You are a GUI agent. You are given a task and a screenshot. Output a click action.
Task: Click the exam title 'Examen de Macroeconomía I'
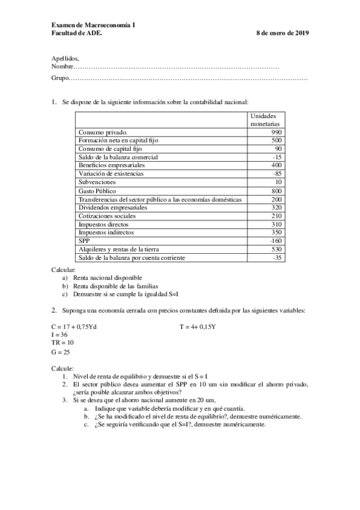(x=93, y=25)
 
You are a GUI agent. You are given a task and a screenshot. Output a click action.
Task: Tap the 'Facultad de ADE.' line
(x=77, y=33)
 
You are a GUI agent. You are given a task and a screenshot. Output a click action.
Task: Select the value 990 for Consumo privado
(x=276, y=132)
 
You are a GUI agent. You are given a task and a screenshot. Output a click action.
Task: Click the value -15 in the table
(x=276, y=157)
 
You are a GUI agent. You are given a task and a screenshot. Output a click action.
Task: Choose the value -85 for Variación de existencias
(x=276, y=173)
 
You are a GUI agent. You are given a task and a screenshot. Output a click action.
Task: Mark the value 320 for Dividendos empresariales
(x=276, y=207)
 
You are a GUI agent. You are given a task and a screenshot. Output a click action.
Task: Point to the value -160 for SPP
(x=275, y=241)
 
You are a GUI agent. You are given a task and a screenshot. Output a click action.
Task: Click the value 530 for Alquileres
(x=276, y=249)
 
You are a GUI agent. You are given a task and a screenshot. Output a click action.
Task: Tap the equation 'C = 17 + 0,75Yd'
(x=74, y=326)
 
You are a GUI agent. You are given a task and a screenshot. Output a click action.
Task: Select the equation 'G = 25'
(x=61, y=352)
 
